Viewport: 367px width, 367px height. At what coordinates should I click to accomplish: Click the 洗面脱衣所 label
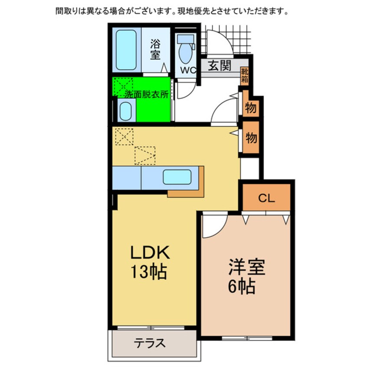coord(146,95)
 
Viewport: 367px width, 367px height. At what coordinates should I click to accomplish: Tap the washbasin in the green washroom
coord(125,111)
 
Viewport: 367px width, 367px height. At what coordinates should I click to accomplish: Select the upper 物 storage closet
coord(251,108)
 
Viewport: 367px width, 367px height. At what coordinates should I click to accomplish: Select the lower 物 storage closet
coord(251,138)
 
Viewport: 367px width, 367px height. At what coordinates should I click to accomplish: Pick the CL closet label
coord(266,198)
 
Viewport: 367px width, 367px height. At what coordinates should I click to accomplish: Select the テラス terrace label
coord(149,344)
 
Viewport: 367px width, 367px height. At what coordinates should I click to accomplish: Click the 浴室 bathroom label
coord(155,49)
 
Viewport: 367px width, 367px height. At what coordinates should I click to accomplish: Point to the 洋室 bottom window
coord(246,338)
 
